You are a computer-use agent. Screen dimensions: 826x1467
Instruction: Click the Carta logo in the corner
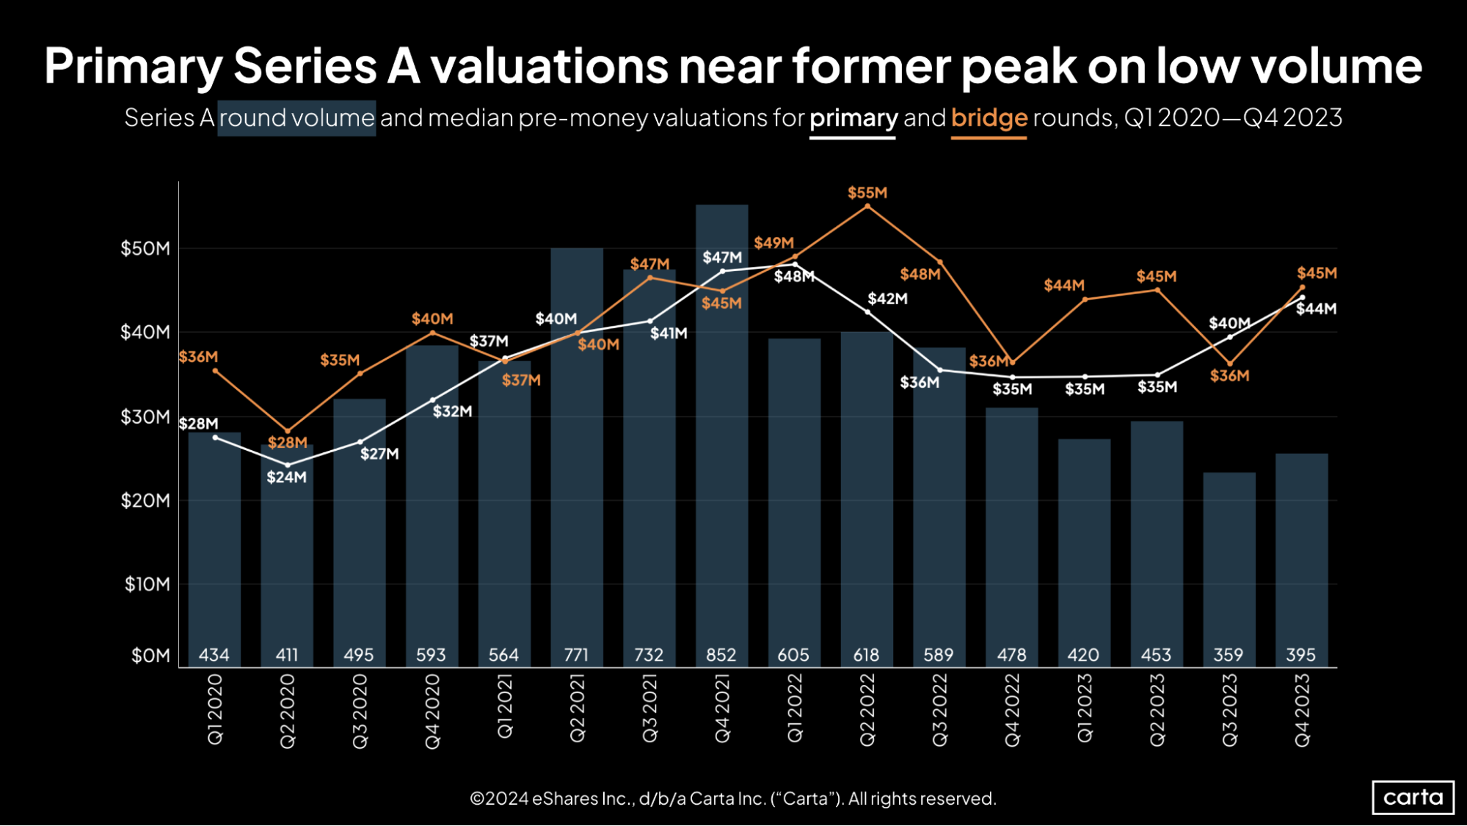click(1412, 797)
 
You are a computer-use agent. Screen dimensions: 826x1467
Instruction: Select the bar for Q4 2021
click(721, 441)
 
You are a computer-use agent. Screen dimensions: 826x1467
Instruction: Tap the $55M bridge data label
click(867, 193)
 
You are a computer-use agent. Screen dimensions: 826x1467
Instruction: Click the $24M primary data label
click(286, 477)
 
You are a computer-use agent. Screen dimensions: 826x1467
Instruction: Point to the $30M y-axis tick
click(145, 417)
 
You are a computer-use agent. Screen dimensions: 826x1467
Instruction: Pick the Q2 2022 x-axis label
click(867, 710)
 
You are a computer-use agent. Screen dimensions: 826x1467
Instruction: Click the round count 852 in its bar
click(721, 654)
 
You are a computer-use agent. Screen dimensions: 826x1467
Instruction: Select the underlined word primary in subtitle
click(853, 117)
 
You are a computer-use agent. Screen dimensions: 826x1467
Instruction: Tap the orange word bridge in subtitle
click(989, 117)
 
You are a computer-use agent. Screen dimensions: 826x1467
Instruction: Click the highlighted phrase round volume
click(296, 117)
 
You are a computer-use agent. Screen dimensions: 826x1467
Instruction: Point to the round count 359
click(1228, 654)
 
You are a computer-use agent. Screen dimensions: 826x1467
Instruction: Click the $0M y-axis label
click(150, 655)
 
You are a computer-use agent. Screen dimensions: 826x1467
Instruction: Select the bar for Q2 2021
click(577, 455)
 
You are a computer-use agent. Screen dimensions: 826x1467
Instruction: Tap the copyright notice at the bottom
click(732, 798)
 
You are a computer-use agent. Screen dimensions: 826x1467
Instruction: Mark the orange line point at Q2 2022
click(867, 207)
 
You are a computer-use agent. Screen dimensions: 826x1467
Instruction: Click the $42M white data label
click(887, 299)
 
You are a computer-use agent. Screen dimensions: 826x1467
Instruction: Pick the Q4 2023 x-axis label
click(1301, 710)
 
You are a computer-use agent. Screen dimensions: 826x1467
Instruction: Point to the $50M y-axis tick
click(145, 248)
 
